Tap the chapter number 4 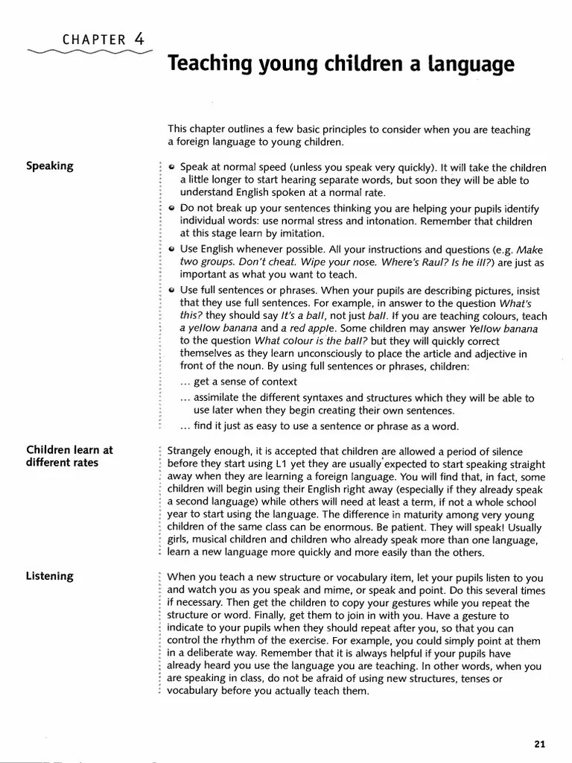coord(140,38)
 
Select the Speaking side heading coord(50,165)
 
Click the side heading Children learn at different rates coord(69,456)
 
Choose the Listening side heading coord(50,576)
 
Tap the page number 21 coord(540,743)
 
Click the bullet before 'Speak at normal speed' coord(172,168)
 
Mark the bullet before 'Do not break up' coord(172,209)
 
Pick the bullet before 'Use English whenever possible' coord(172,250)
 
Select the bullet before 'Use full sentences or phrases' coord(172,291)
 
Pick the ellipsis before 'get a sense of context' coord(185,381)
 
